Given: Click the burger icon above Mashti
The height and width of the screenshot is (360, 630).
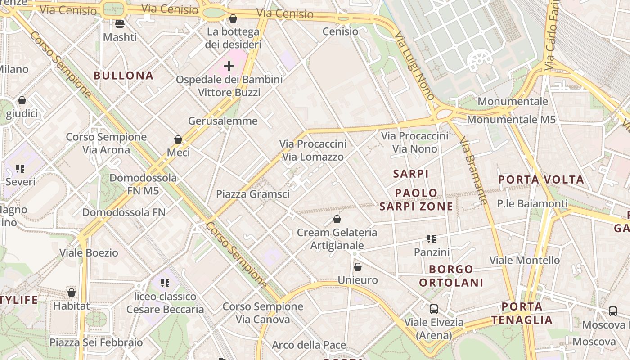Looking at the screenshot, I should click(120, 23).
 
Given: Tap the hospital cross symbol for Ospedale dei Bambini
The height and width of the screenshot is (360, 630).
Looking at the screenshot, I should click(229, 67).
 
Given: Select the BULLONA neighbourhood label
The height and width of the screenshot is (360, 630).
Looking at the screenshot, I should click(124, 75).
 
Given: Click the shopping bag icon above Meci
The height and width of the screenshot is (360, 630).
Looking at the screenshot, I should click(178, 139).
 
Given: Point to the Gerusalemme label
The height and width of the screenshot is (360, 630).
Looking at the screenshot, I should click(223, 121).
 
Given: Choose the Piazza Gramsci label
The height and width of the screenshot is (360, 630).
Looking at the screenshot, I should click(252, 194).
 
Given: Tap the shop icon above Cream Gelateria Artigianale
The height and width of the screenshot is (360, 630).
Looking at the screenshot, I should click(337, 219).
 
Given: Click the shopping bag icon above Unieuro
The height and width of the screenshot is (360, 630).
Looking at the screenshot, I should click(358, 267).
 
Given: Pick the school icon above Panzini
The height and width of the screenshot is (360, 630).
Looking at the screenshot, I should click(432, 239).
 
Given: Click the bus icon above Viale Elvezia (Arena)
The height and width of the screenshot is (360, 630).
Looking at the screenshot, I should click(434, 309).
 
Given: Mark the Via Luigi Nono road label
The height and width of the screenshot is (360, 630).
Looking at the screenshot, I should click(414, 65).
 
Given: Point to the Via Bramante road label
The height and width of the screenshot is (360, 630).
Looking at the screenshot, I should click(474, 171).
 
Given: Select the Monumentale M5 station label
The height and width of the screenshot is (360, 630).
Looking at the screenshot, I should click(511, 120).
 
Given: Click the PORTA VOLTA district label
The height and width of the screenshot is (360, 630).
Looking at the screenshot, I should click(541, 180).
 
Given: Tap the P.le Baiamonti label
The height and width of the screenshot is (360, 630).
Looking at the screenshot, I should click(532, 203).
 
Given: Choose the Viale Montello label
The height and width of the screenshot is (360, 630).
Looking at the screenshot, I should click(524, 260).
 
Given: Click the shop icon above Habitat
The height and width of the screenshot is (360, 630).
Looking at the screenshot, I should click(72, 292).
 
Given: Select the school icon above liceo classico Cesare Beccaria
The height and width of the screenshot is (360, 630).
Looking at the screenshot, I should click(165, 283).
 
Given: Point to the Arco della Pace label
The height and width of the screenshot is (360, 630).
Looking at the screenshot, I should click(309, 345).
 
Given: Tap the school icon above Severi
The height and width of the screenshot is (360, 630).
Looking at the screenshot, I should click(20, 169).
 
